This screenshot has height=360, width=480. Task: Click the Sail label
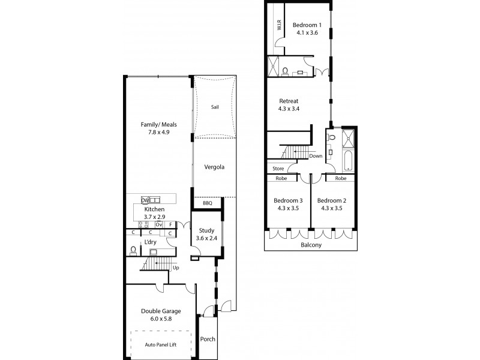(214, 107)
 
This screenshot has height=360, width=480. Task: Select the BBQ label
(208, 203)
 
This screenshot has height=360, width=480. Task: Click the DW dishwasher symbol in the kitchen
(145, 200)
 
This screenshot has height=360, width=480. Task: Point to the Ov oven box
(159, 224)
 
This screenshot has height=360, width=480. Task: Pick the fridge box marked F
(170, 224)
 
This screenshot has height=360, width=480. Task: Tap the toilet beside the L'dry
(133, 250)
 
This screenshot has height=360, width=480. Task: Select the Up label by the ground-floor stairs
(175, 268)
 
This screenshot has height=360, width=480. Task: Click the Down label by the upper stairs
(316, 156)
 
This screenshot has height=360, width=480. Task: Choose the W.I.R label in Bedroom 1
(279, 25)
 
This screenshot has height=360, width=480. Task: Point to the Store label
(278, 169)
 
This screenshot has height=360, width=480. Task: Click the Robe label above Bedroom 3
(281, 178)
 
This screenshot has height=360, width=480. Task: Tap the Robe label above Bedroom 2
(340, 178)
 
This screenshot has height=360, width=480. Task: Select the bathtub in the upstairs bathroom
(349, 163)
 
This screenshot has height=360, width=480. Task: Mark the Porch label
(208, 339)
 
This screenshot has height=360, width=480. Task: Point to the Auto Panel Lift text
(161, 345)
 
